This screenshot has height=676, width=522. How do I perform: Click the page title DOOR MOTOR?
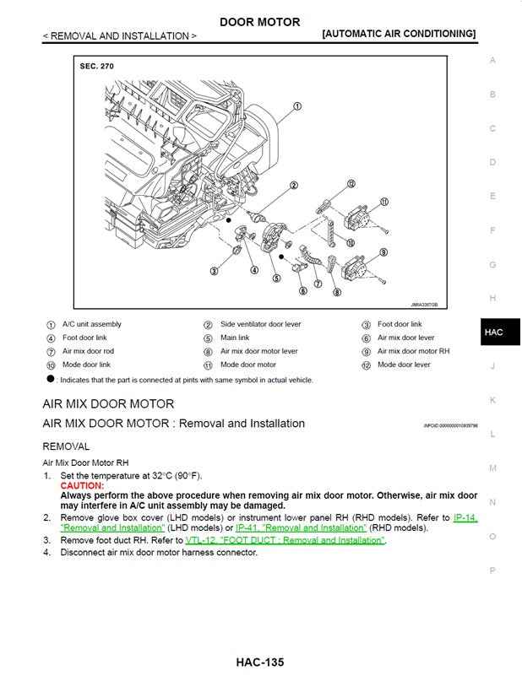point(259,22)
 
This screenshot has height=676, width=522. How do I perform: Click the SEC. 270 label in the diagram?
point(96,66)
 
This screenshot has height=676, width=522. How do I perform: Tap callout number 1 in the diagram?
point(297,107)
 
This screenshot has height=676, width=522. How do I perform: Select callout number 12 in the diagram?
point(351,183)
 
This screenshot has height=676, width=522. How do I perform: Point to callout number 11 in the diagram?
point(383,202)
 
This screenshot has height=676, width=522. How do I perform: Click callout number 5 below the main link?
point(276,279)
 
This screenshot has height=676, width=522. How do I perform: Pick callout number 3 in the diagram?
point(215,271)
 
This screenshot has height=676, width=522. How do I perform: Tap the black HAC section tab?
point(494,333)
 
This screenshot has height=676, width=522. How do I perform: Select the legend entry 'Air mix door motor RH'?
point(413,351)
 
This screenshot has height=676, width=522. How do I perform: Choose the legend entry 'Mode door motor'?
point(248,365)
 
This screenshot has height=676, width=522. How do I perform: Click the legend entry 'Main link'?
point(235,338)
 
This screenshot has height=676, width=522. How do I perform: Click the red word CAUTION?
point(82,486)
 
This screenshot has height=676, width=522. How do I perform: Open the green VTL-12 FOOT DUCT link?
point(285,540)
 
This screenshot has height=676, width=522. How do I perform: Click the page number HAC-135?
point(260,662)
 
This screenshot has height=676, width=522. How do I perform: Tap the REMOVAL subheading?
point(66,446)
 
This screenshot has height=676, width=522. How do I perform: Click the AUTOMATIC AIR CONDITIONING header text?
point(399,34)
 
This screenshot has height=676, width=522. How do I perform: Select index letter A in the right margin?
point(492,61)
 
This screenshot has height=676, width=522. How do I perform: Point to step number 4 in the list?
point(47,553)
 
